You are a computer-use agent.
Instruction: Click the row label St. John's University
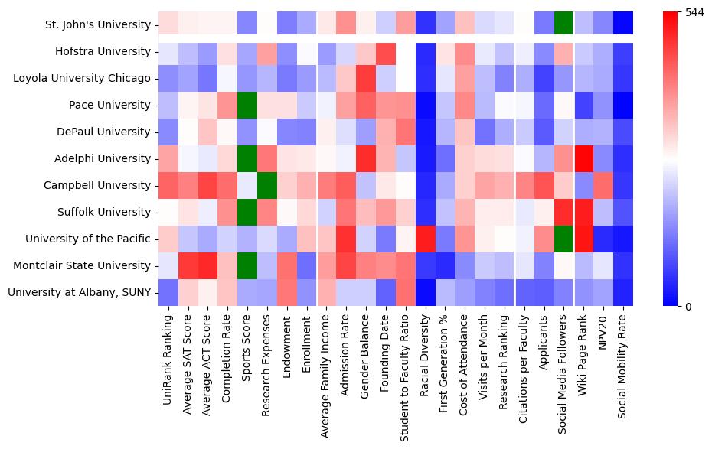[96, 24]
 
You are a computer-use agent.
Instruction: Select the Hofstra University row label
[103, 51]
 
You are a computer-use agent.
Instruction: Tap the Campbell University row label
[98, 185]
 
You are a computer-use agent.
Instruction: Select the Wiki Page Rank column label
[585, 353]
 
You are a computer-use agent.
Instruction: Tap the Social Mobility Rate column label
[625, 363]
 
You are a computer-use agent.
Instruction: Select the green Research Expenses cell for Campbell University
[266, 185]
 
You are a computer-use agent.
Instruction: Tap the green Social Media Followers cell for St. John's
[565, 24]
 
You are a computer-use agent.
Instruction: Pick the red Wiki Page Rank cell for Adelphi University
[585, 158]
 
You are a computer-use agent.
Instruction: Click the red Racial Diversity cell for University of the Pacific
[426, 239]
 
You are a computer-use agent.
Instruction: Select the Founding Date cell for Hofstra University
[386, 51]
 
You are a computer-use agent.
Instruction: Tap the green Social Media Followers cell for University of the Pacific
[565, 239]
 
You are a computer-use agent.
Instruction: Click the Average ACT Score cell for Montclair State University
[207, 265]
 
